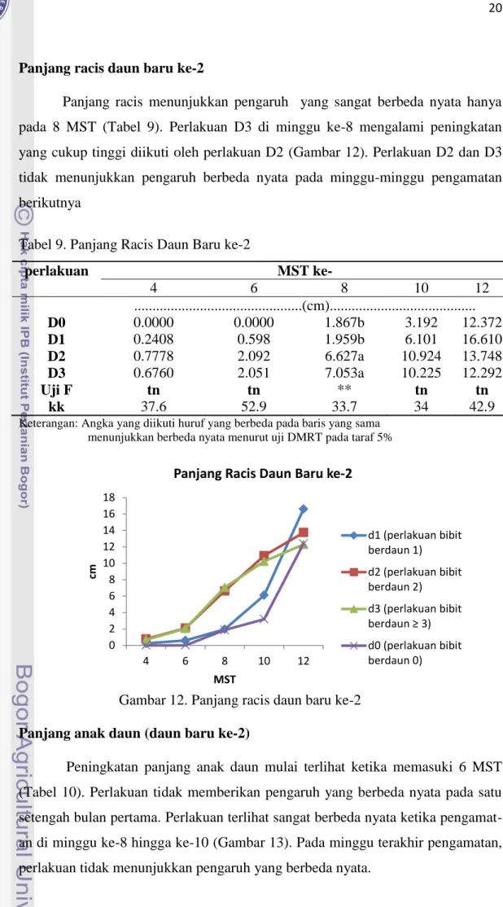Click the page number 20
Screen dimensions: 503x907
point(496,9)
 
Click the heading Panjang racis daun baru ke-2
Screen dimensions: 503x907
point(112,68)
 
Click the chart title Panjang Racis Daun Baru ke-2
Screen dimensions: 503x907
point(263,474)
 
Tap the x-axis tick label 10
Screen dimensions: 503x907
point(264,660)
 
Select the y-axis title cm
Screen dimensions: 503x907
point(92,571)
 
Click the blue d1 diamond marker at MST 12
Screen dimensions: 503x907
point(303,509)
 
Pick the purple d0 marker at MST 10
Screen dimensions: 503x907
point(264,619)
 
